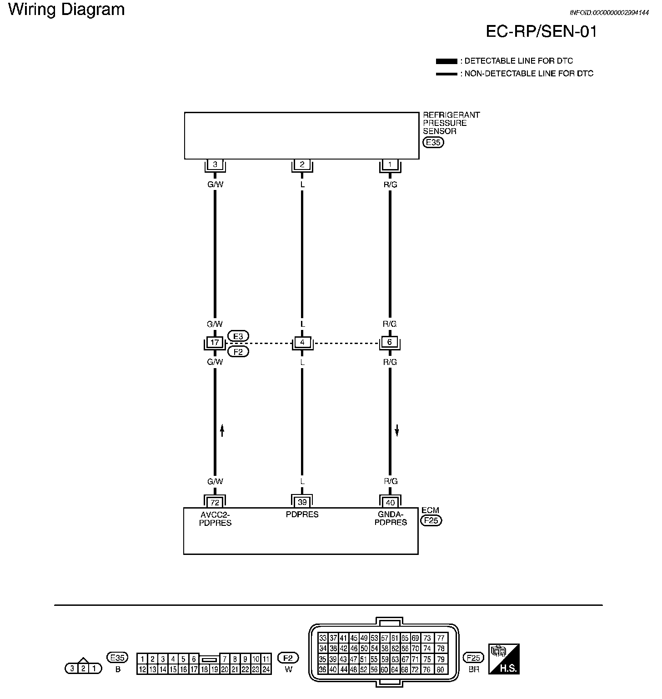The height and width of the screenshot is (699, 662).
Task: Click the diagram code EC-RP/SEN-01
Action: tap(541, 31)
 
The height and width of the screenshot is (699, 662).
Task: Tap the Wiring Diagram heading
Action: tap(66, 10)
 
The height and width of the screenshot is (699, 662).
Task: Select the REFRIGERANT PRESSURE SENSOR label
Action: tap(451, 123)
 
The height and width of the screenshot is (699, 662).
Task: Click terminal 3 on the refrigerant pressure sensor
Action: tap(215, 165)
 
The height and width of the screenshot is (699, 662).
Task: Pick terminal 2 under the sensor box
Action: tap(302, 165)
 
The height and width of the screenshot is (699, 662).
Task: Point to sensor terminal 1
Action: tap(390, 165)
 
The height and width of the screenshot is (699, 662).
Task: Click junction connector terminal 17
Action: tap(215, 342)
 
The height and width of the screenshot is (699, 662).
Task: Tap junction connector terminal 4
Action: tap(302, 342)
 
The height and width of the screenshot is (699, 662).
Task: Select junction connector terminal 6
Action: tap(390, 342)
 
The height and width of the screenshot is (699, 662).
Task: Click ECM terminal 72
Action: tap(215, 503)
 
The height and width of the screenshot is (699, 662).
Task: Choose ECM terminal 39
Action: tap(302, 502)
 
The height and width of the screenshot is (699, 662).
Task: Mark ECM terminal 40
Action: tap(390, 503)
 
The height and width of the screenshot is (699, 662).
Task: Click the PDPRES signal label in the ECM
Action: tap(302, 514)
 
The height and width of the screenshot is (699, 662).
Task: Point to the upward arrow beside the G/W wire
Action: tap(222, 430)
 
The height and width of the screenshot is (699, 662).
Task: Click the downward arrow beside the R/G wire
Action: tap(397, 430)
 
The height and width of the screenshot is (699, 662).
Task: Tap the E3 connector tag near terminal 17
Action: tap(238, 336)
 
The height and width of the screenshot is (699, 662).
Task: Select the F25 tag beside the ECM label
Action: tap(431, 520)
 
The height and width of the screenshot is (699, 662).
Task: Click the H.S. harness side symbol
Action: tap(504, 659)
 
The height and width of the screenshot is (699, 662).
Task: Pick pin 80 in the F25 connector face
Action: tap(440, 669)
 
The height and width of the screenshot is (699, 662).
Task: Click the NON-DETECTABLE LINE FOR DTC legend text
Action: tap(529, 74)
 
